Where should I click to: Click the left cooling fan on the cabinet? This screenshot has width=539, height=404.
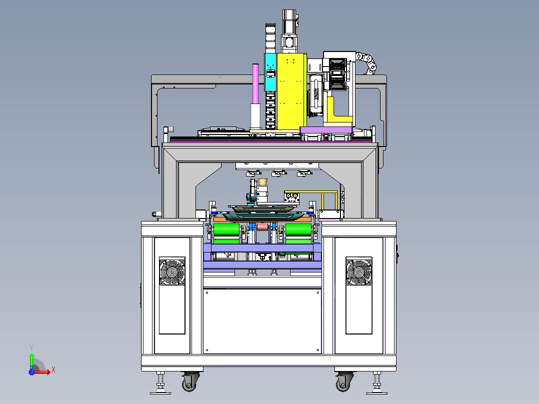point(172,271)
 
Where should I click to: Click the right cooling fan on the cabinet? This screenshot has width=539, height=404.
point(359,271)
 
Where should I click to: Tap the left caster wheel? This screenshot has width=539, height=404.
point(189,382)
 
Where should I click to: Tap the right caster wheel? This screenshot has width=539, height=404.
point(343,382)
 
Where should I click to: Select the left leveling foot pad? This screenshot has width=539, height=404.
point(160,391)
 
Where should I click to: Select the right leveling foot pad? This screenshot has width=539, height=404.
point(377,391)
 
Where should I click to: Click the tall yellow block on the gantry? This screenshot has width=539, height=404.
point(291,91)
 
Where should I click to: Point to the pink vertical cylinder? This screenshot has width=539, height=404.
point(255,83)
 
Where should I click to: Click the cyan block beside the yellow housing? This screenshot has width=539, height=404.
point(270,72)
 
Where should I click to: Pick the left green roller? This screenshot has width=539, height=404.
point(226,234)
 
